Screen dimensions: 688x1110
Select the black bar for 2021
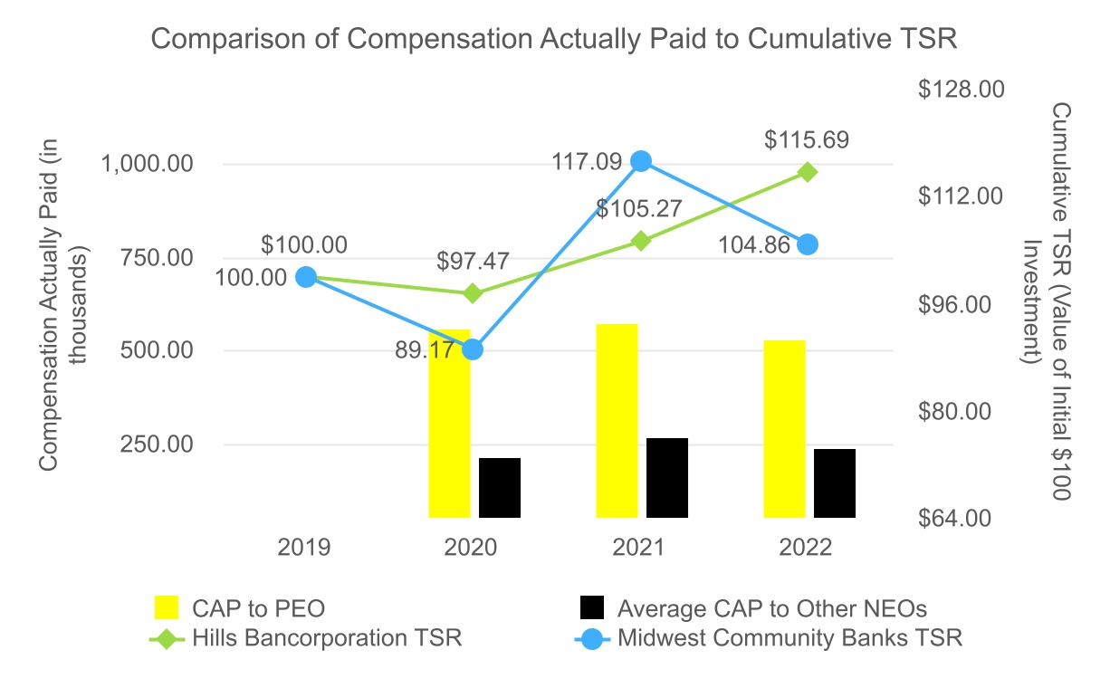point(667,478)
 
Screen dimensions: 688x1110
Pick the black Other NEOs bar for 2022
point(834,483)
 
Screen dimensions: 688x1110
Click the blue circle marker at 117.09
point(641,161)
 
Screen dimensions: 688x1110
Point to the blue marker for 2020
point(473,349)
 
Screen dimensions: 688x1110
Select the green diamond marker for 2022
point(809,172)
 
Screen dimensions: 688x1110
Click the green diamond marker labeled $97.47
point(473,293)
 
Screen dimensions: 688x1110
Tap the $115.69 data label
point(807,140)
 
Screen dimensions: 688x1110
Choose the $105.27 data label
point(638,208)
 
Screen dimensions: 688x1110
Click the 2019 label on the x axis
point(306,548)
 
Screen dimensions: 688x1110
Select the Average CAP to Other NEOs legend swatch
point(590,607)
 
